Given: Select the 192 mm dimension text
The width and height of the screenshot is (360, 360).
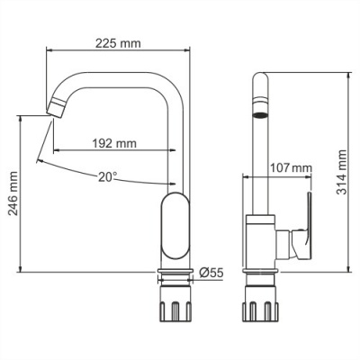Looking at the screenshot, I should point(115,142).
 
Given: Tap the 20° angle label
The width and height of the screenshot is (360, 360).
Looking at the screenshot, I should point(109,177).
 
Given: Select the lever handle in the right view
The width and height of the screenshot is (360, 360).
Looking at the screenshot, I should point(303,222).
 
